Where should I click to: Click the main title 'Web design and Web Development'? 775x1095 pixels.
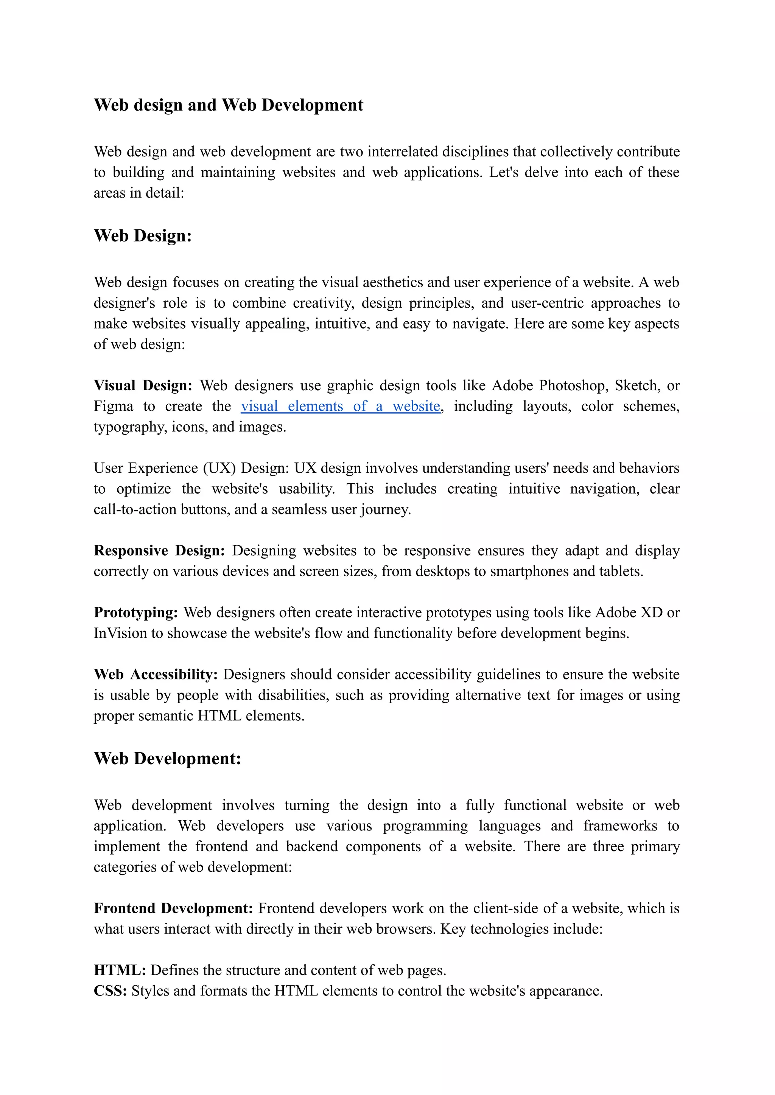(228, 105)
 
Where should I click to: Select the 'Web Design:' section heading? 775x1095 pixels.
(142, 236)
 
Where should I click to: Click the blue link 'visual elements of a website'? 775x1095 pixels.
(340, 406)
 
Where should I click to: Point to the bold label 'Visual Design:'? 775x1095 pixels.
(143, 385)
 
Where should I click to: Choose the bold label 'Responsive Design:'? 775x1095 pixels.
(159, 550)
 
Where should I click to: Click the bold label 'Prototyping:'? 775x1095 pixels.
(135, 612)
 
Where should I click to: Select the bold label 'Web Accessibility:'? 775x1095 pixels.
(156, 674)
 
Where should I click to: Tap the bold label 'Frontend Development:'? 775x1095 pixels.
(173, 908)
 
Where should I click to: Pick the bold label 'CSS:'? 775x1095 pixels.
(110, 991)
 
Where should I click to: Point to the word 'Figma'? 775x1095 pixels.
(113, 406)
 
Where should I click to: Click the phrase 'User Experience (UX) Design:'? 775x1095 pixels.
(191, 468)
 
